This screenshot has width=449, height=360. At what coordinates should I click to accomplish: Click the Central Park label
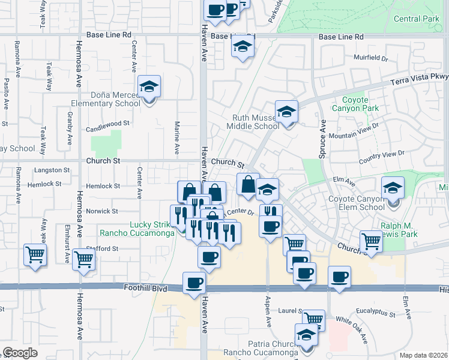tap(417, 19)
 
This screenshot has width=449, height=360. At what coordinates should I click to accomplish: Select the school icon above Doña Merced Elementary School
tap(149, 87)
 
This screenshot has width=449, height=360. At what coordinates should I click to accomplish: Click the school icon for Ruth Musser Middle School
tap(287, 112)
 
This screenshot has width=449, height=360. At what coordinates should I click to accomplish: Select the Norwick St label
tap(102, 211)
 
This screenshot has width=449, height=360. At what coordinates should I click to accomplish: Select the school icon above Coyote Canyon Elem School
tap(393, 188)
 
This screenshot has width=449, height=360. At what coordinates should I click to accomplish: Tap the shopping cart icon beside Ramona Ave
tap(35, 254)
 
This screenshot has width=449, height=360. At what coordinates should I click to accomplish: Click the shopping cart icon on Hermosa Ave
tap(83, 260)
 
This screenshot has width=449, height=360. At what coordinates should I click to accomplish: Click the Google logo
tap(20, 353)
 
